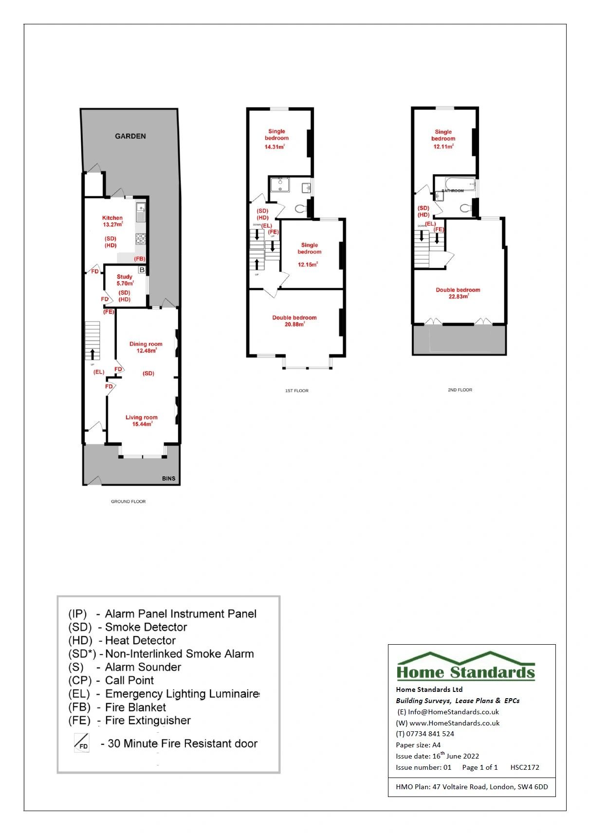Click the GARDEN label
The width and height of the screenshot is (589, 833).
(x=130, y=136)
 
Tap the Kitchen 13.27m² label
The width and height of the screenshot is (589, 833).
(x=112, y=221)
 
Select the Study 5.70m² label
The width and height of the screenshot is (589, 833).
(x=125, y=280)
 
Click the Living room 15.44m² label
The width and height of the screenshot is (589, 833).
(x=142, y=420)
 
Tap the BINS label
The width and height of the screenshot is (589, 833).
(x=168, y=479)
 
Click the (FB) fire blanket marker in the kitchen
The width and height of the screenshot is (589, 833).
(x=140, y=259)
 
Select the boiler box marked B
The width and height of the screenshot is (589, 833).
(x=142, y=270)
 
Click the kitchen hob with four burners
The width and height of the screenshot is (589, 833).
(x=141, y=238)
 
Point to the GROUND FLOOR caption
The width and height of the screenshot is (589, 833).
(x=128, y=501)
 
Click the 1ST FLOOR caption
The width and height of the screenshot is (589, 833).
(x=296, y=391)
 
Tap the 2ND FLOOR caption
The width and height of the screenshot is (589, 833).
(x=460, y=390)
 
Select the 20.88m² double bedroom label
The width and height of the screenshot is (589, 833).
(x=294, y=321)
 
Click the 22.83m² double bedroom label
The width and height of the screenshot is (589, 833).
(x=458, y=293)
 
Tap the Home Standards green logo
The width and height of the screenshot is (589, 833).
(x=466, y=667)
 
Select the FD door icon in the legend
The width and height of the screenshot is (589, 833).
(x=81, y=743)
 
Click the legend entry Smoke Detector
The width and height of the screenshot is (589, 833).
(x=146, y=627)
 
